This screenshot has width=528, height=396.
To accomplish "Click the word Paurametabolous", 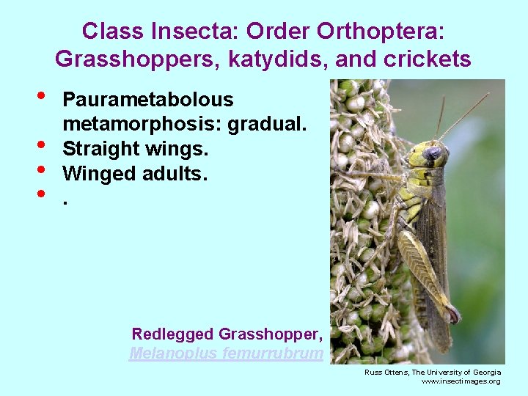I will click(148, 100).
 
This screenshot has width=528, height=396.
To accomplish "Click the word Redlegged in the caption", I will click(173, 334).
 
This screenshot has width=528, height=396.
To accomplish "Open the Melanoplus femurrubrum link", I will click(226, 353).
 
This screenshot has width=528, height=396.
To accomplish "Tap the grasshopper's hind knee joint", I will click(453, 314).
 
